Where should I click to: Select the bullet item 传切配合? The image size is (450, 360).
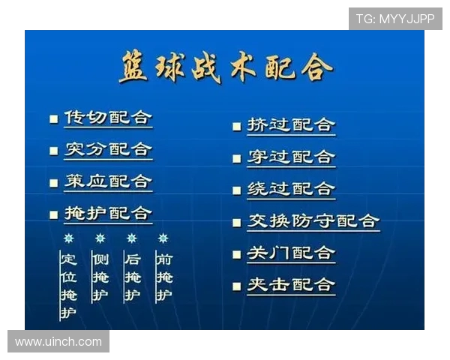108,118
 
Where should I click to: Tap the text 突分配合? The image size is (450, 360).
108,149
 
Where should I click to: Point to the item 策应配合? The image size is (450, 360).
108,181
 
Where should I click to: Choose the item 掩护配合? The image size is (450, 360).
108,214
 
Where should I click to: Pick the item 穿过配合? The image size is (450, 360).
291,157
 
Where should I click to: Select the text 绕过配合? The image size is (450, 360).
291,189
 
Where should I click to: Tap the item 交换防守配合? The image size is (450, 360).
313,221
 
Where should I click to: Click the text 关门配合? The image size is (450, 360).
291,253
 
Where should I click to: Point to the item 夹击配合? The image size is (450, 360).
291,285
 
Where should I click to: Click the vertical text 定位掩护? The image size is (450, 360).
68,286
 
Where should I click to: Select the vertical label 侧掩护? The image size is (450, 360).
100,277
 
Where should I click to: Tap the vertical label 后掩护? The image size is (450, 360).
132,277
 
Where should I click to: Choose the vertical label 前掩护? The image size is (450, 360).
163,277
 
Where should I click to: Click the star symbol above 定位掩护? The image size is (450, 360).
68,238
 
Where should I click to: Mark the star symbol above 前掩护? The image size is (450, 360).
163,238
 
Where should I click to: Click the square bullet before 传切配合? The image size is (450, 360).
53,119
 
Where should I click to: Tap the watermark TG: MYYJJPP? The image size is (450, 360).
395,19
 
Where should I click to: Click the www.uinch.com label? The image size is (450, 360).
58,341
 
